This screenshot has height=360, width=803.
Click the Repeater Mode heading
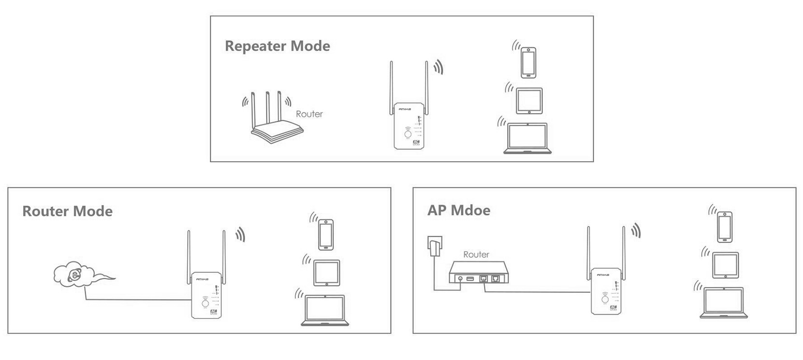(277, 46)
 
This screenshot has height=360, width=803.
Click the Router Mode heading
(67, 211)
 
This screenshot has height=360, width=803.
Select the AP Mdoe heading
(458, 210)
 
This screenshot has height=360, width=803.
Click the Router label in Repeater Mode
(309, 114)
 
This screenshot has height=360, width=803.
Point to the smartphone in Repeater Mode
(528, 62)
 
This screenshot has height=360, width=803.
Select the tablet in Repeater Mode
(529, 101)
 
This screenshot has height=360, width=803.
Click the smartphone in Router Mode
(326, 234)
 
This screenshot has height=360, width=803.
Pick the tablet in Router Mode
(327, 273)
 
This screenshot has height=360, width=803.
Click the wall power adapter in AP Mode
(434, 245)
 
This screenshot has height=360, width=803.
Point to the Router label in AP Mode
(476, 255)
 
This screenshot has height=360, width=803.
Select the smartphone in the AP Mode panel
(724, 227)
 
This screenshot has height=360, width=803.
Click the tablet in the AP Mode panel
(725, 265)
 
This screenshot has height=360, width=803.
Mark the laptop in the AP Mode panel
(723, 303)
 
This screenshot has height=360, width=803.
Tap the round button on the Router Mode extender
(205, 304)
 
